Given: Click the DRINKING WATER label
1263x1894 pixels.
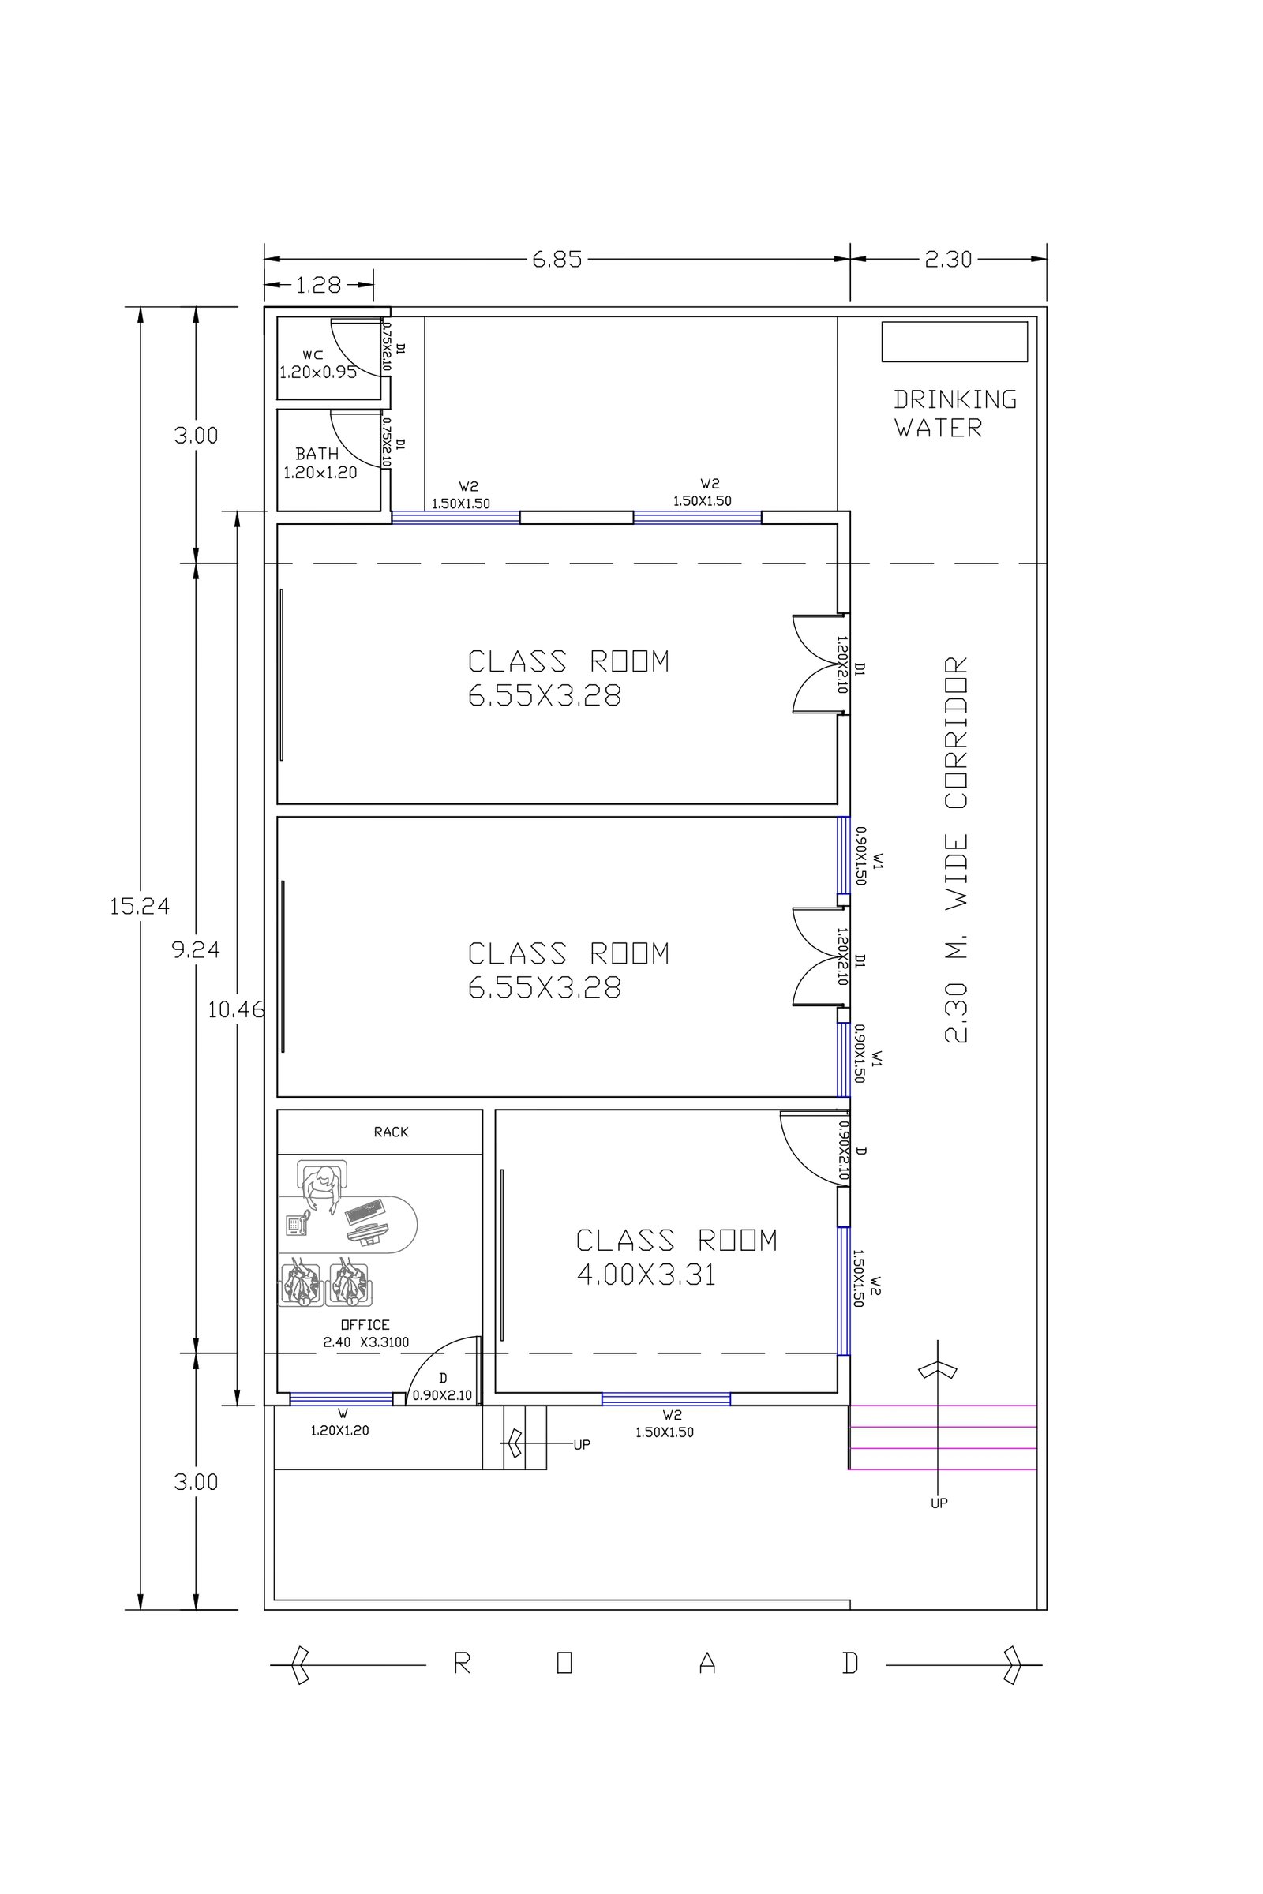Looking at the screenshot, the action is [955, 413].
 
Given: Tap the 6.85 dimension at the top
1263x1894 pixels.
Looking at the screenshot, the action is [557, 260].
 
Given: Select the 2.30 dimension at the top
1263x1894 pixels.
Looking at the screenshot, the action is [948, 260].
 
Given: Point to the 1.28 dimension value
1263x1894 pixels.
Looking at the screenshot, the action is [319, 285].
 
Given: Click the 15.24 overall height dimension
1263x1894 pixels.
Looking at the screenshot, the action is [140, 907].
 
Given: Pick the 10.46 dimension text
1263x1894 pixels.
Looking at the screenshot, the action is [236, 1010].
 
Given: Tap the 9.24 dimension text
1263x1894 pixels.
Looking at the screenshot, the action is [196, 950].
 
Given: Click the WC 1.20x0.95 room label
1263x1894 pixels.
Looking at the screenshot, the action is [317, 364].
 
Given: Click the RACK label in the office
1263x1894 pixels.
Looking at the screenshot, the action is [391, 1132].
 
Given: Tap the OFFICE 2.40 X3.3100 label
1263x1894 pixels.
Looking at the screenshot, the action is [365, 1334].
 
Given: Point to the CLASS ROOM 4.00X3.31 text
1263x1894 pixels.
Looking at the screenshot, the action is [676, 1258].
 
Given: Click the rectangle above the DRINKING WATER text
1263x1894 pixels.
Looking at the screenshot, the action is [954, 342].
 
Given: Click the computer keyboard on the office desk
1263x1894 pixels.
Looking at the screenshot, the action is [364, 1211].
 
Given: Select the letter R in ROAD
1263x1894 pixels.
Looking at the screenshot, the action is [462, 1664].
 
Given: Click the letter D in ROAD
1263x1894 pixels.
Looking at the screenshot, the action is [850, 1664].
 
